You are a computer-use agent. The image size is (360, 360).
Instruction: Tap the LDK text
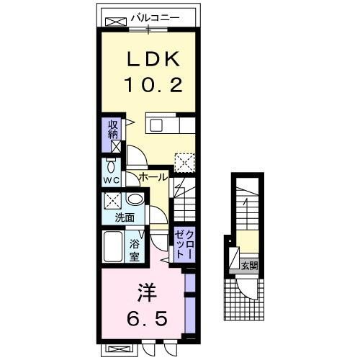(152, 60)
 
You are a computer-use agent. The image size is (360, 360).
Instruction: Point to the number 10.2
(152, 85)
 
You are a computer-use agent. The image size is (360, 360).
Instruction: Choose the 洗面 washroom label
(125, 217)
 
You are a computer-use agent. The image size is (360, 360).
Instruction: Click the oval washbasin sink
(134, 200)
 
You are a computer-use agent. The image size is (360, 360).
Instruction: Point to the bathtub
(114, 248)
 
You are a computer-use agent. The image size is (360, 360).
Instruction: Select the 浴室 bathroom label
(135, 248)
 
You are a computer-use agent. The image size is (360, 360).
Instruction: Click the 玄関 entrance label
(248, 265)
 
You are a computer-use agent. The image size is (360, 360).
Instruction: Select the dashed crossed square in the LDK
(185, 161)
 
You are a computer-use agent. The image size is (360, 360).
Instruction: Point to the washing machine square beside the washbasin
(113, 200)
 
